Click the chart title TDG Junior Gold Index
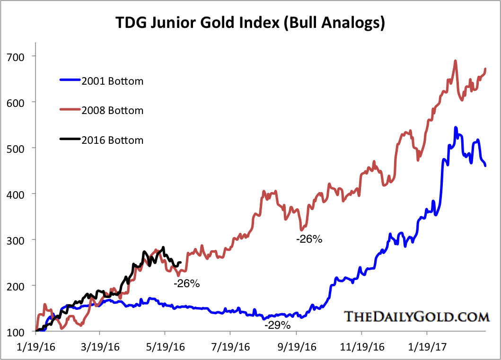pyautogui.click(x=250, y=22)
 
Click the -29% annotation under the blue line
pyautogui.click(x=278, y=325)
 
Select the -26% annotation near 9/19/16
pyautogui.click(x=309, y=239)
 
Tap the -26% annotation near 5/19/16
pyautogui.click(x=187, y=284)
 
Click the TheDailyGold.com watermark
pyautogui.click(x=415, y=316)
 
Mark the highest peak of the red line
pyautogui.click(x=455, y=61)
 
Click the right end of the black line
pyautogui.click(x=181, y=263)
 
